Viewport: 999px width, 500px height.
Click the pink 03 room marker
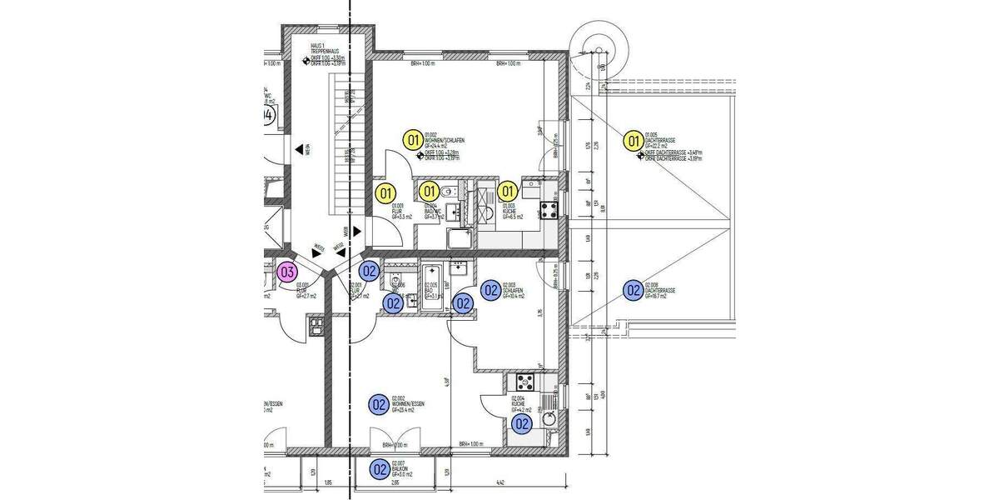click(287, 271)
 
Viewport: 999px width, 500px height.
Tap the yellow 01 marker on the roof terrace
click(633, 141)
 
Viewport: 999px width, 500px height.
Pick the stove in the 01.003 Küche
click(549, 208)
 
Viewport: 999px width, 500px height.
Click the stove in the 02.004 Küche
click(525, 383)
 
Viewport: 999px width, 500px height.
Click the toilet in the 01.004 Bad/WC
click(450, 193)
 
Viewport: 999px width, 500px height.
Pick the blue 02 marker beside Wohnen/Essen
click(380, 404)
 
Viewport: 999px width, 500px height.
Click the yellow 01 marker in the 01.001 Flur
click(385, 193)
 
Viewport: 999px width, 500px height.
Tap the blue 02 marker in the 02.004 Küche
click(522, 423)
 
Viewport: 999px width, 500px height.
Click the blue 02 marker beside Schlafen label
click(490, 290)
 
